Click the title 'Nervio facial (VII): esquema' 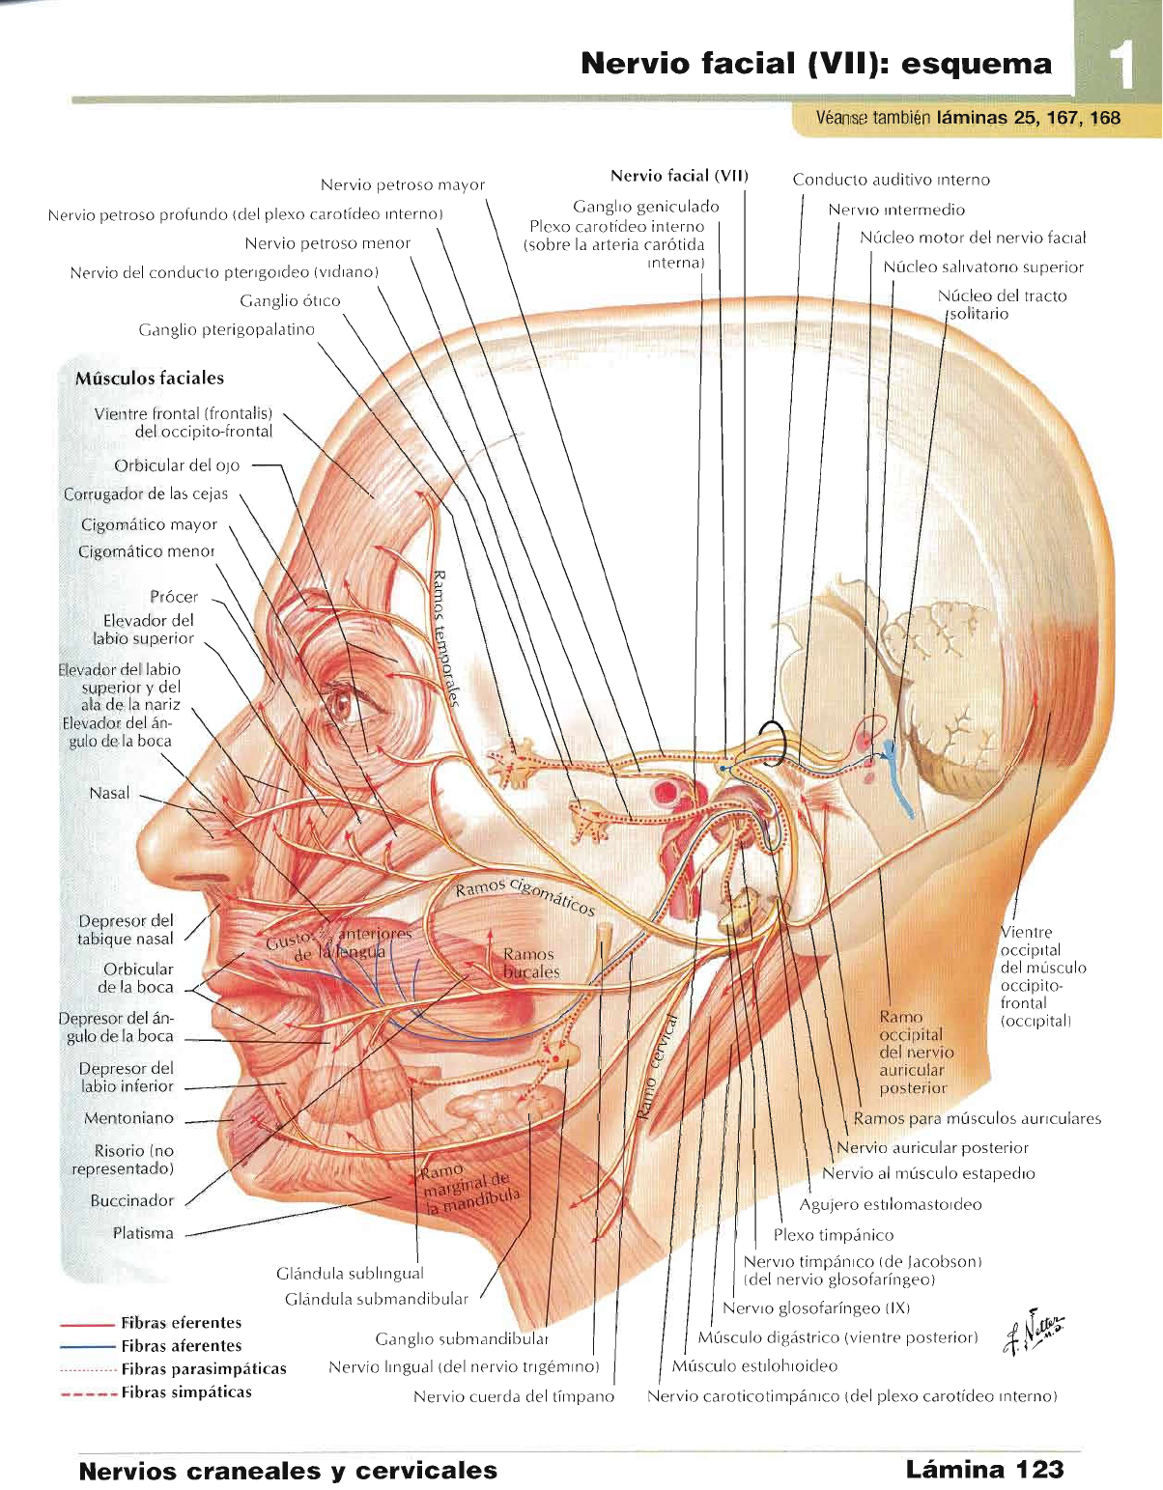pyautogui.click(x=816, y=64)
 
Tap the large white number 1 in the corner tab pyautogui.click(x=1120, y=68)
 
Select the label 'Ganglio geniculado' pyautogui.click(x=645, y=206)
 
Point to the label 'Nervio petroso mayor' pyautogui.click(x=402, y=184)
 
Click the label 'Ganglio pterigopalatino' pyautogui.click(x=227, y=329)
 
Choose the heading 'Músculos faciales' pyautogui.click(x=150, y=378)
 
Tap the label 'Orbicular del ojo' pyautogui.click(x=177, y=464)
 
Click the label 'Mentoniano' pyautogui.click(x=129, y=1118)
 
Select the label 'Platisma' pyautogui.click(x=143, y=1233)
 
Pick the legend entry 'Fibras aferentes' pyautogui.click(x=181, y=1345)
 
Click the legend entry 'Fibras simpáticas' pyautogui.click(x=185, y=1392)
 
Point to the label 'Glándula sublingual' pyautogui.click(x=350, y=1273)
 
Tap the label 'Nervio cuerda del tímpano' pyautogui.click(x=513, y=1396)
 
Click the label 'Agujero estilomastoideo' pyautogui.click(x=890, y=1204)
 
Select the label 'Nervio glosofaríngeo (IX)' pyautogui.click(x=816, y=1307)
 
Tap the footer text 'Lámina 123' pyautogui.click(x=983, y=1469)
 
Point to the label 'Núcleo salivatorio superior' pyautogui.click(x=982, y=267)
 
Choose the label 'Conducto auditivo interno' pyautogui.click(x=891, y=179)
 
